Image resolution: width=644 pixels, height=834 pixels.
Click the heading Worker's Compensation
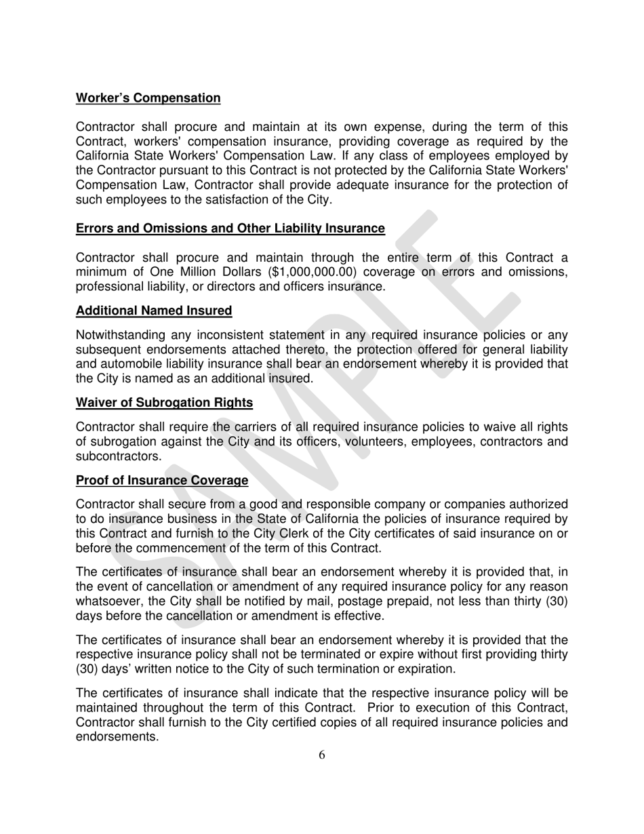148,98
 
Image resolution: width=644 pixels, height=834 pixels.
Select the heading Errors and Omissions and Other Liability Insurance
230,229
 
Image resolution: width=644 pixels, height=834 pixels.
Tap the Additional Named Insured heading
154,311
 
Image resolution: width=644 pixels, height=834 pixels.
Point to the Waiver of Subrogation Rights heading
164,403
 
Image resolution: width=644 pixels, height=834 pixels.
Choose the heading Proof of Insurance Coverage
161,481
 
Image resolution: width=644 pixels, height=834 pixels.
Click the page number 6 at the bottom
321,755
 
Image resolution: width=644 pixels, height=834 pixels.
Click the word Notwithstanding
118,336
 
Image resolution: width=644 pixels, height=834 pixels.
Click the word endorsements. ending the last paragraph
117,737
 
